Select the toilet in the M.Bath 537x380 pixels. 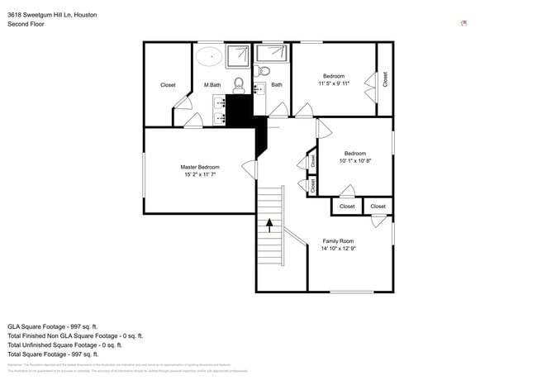point(238,83)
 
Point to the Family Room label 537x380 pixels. point(339,241)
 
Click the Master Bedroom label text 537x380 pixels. point(200,167)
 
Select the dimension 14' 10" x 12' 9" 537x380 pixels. point(339,249)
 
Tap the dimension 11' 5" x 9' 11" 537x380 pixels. point(334,83)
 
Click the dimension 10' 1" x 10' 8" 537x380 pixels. point(355,160)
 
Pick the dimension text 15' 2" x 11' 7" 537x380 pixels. point(200,174)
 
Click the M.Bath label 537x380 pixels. point(212,84)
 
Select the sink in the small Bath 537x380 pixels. point(259,87)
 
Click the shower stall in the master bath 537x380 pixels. point(238,55)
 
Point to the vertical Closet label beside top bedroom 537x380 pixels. point(384,79)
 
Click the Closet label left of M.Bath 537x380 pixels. point(168,84)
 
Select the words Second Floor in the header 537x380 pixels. point(26,24)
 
